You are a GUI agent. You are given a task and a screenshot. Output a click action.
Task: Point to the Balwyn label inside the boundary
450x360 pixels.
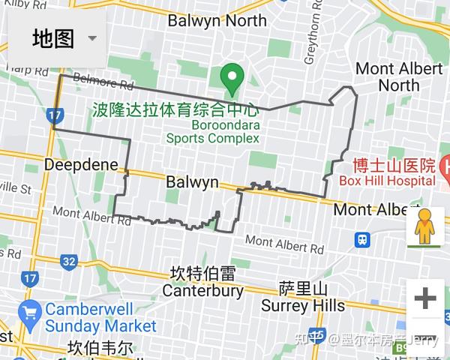coord(192,182)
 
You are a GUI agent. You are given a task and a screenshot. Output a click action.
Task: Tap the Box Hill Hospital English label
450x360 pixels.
coord(387,181)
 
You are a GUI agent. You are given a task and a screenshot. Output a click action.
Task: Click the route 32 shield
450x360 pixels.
coord(69,262)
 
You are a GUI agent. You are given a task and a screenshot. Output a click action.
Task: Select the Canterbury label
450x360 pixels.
coord(202,290)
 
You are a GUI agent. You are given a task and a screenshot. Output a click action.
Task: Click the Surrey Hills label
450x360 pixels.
coord(303,305)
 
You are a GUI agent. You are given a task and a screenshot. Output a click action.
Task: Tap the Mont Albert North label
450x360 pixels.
coord(398,76)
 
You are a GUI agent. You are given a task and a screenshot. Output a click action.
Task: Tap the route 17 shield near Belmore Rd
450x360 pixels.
coord(53,116)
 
